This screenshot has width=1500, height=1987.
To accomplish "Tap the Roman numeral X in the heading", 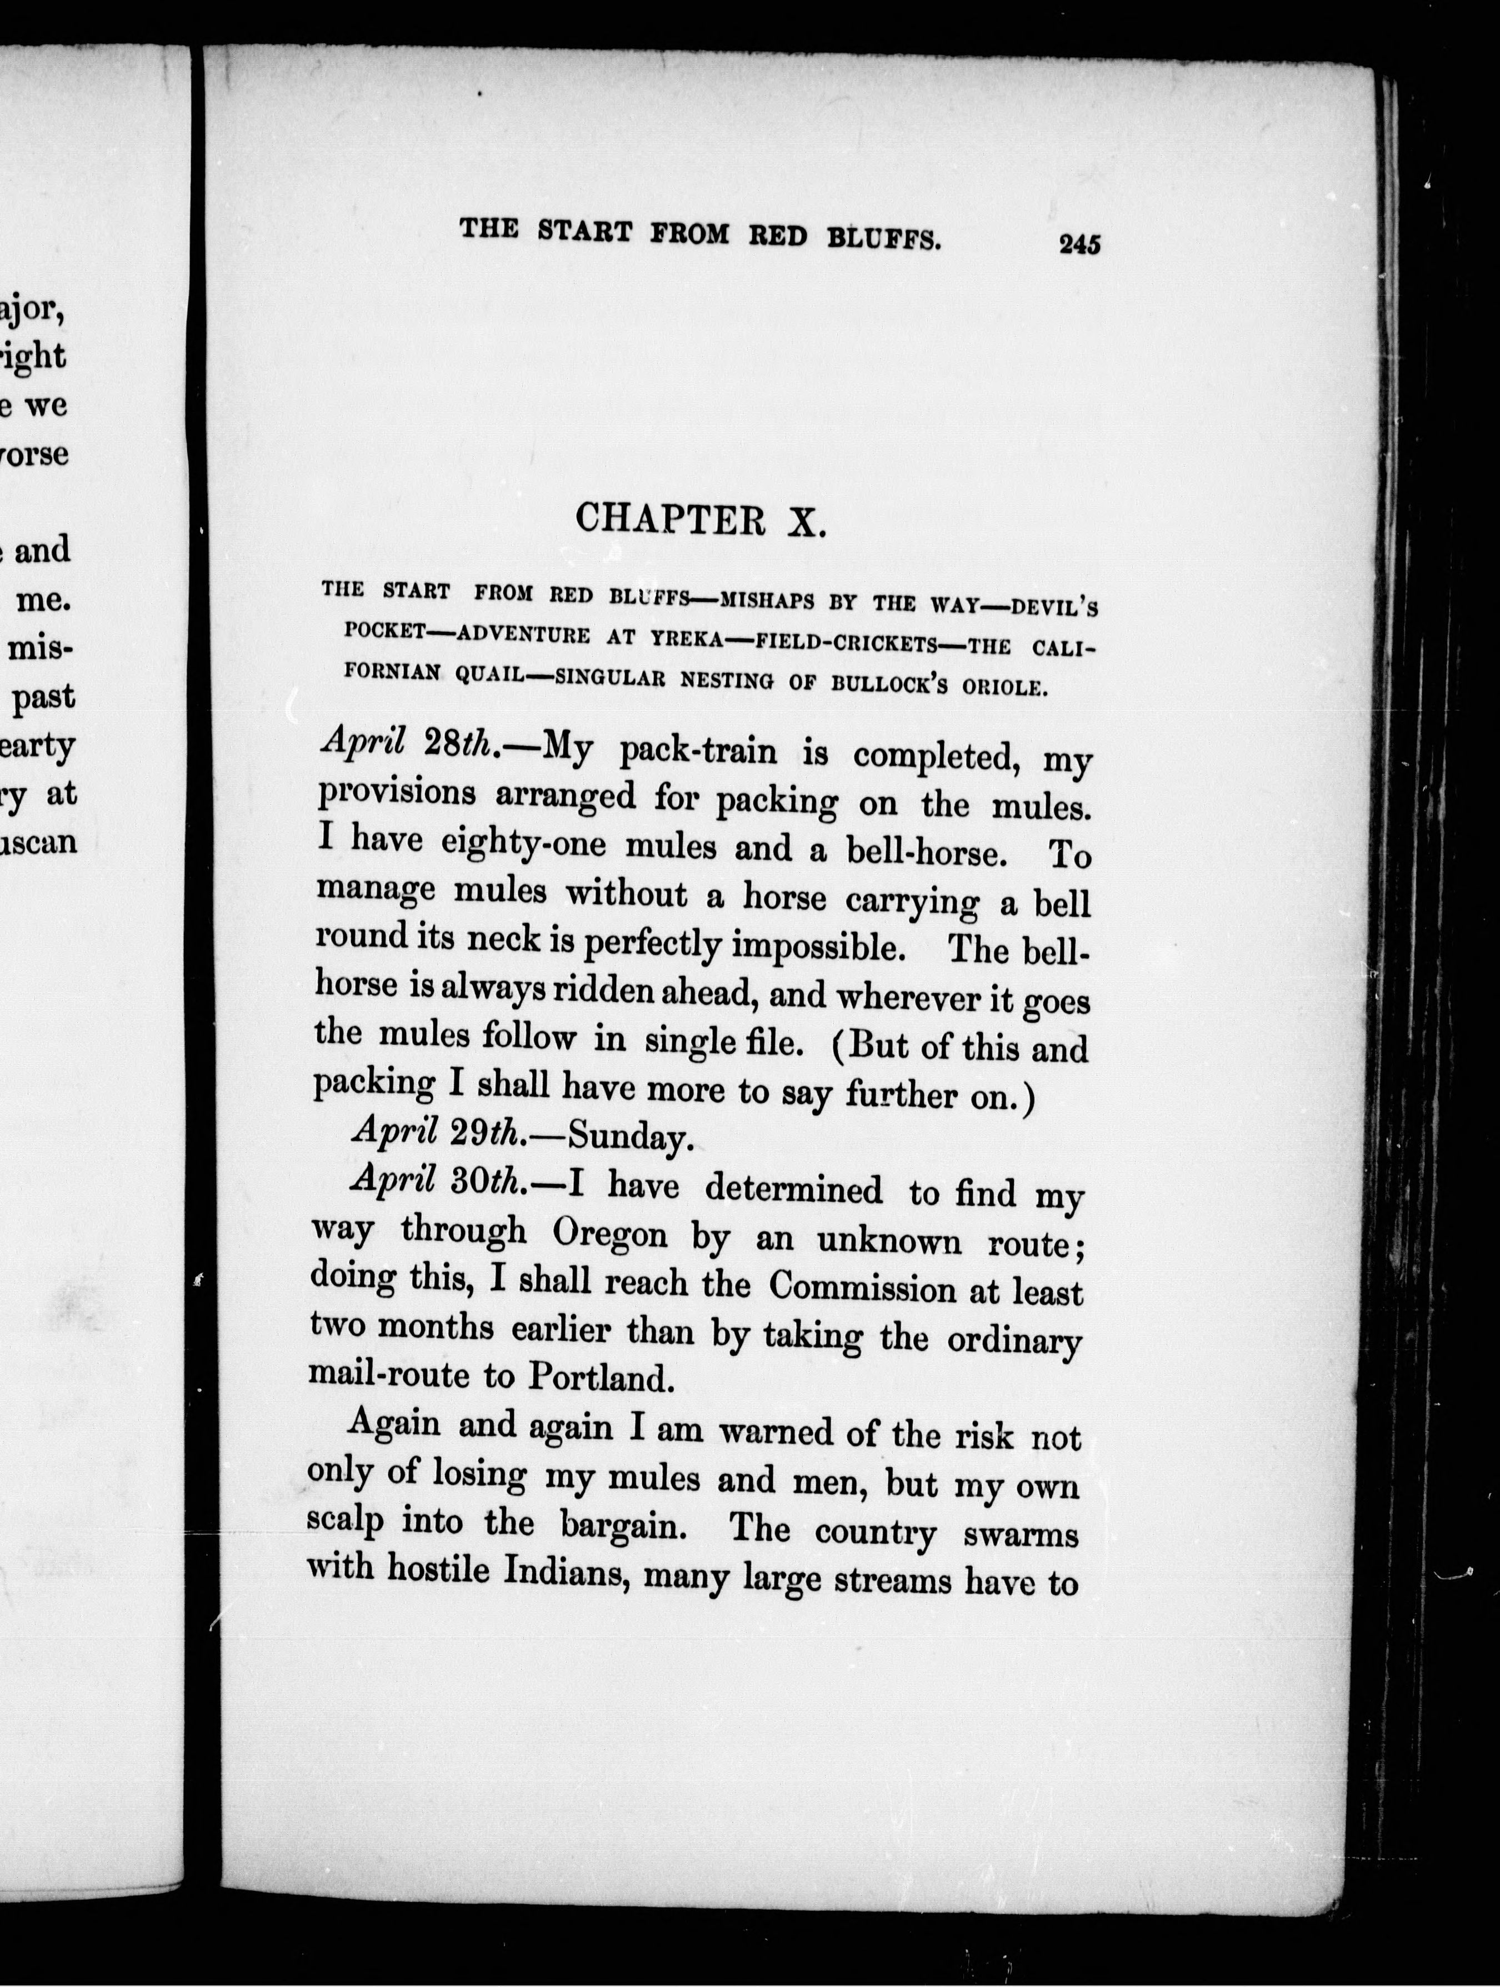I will pos(805,522).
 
